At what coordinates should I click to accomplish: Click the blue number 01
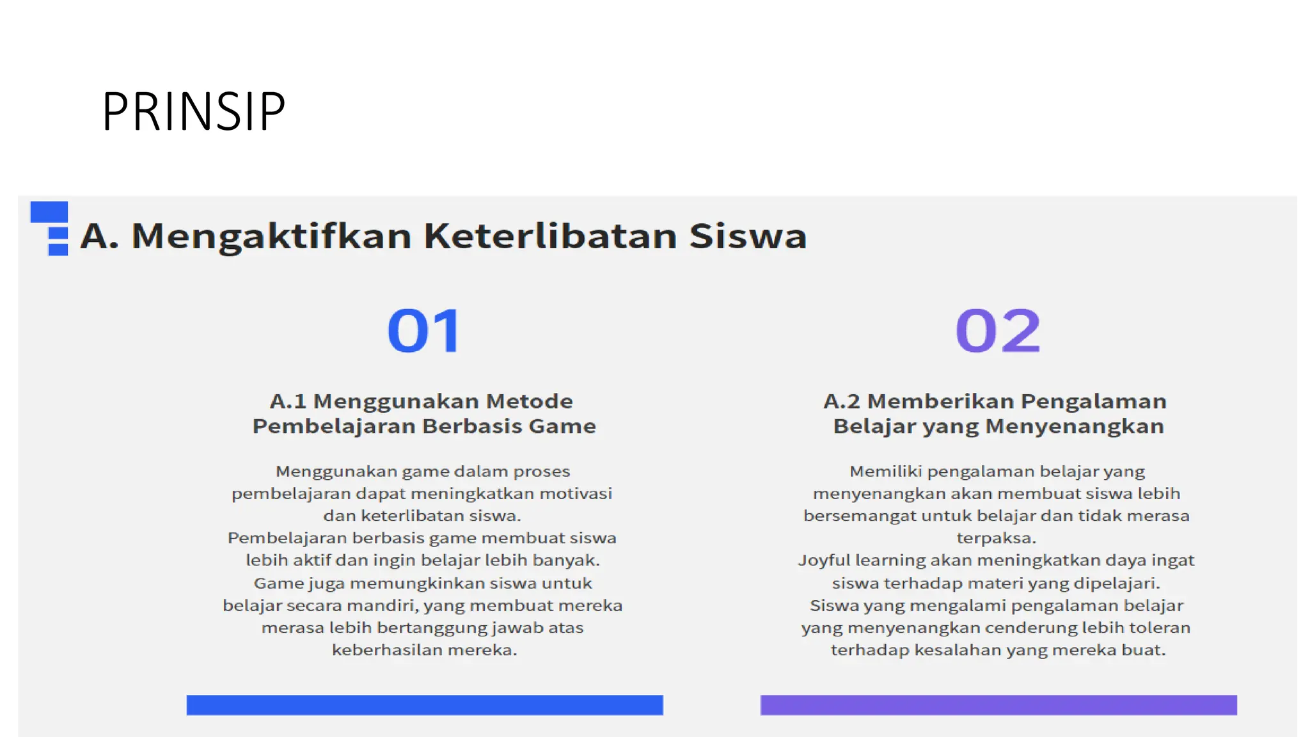pyautogui.click(x=424, y=331)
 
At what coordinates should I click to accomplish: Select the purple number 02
pyautogui.click(x=998, y=331)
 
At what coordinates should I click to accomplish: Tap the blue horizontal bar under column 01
pyautogui.click(x=425, y=704)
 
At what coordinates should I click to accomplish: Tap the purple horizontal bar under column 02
pyautogui.click(x=998, y=704)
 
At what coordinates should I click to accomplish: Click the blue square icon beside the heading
pyautogui.click(x=50, y=227)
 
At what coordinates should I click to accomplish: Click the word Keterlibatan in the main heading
pyautogui.click(x=550, y=235)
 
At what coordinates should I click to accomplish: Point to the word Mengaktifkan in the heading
pyautogui.click(x=271, y=237)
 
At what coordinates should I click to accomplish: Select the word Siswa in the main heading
pyautogui.click(x=748, y=235)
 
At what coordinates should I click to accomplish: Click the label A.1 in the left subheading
pyautogui.click(x=288, y=401)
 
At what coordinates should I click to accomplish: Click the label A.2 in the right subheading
pyautogui.click(x=842, y=401)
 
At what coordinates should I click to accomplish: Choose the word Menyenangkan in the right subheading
pyautogui.click(x=1075, y=426)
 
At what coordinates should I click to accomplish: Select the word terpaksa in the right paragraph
pyautogui.click(x=995, y=539)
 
